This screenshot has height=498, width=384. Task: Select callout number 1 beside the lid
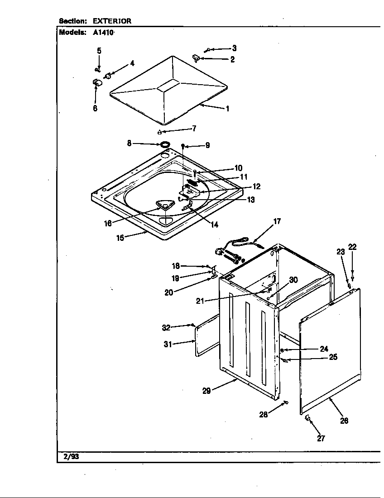tap(227, 109)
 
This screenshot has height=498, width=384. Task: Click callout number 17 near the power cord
tap(277, 221)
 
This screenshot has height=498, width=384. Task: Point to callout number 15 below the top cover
tap(120, 238)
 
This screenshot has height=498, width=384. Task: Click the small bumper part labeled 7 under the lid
tap(159, 132)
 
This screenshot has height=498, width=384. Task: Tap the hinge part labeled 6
tap(96, 83)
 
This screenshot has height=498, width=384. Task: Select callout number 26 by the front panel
tap(344, 421)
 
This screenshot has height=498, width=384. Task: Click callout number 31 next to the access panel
tap(168, 344)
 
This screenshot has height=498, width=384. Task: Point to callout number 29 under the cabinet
tap(206, 391)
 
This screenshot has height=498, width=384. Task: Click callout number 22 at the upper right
tap(352, 247)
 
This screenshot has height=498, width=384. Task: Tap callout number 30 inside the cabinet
tap(293, 280)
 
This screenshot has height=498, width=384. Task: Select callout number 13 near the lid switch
tap(250, 200)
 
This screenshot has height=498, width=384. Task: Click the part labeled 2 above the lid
tap(196, 57)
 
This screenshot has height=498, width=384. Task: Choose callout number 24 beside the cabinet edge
tap(324, 349)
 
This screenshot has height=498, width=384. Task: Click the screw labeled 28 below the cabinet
tap(286, 402)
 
